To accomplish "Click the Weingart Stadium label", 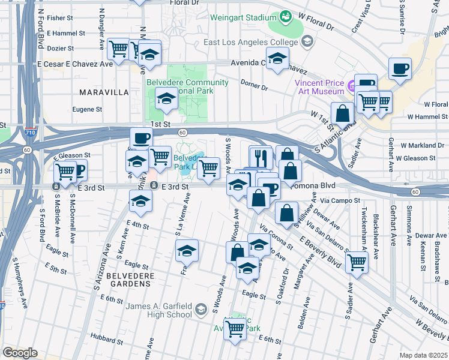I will pyautogui.click(x=243, y=17).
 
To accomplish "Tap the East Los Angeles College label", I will pyautogui.click(x=250, y=43).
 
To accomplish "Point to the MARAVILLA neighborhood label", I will pyautogui.click(x=104, y=92).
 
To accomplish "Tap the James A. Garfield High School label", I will pyautogui.click(x=159, y=311).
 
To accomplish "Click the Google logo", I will pyautogui.click(x=19, y=353).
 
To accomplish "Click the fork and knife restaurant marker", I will pyautogui.click(x=261, y=158).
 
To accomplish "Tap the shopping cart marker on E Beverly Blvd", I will pyautogui.click(x=357, y=262).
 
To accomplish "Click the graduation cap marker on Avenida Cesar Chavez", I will pyautogui.click(x=277, y=59).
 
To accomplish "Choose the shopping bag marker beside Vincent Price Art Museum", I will pyautogui.click(x=342, y=113).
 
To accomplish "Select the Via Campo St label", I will pyautogui.click(x=340, y=200).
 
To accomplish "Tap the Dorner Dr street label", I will pyautogui.click(x=253, y=86).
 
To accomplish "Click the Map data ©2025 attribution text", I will pyautogui.click(x=424, y=355).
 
